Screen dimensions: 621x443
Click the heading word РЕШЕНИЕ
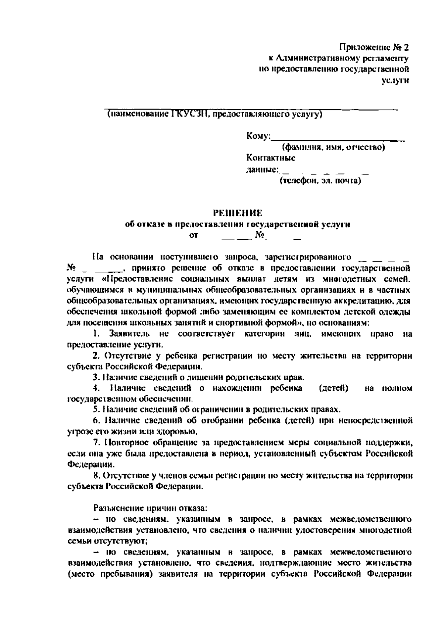tap(238, 213)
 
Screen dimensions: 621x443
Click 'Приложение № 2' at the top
tap(374, 48)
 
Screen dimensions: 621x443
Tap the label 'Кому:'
tap(258, 137)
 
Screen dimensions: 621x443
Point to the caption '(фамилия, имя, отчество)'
tap(333, 148)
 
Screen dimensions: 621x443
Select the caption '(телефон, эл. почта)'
tap(320, 181)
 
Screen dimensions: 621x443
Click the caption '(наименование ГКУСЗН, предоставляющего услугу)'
tap(214, 115)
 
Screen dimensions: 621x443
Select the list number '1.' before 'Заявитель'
tap(97, 334)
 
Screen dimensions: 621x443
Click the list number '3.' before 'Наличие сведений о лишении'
tap(96, 377)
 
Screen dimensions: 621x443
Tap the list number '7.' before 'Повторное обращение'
tap(97, 442)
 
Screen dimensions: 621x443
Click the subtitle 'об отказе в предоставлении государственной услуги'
tap(238, 224)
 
